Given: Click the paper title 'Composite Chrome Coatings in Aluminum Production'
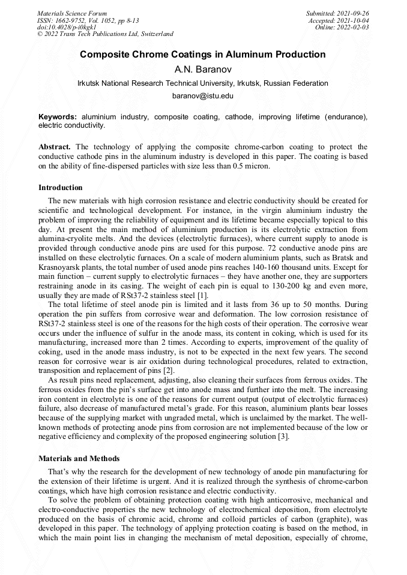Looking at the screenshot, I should tap(203, 55).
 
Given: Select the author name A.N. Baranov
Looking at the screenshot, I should tap(203, 69).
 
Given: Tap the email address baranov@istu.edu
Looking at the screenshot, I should tap(203, 96).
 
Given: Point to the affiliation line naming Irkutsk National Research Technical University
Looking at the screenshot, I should tap(203, 83).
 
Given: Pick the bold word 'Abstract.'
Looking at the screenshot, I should tap(55, 147).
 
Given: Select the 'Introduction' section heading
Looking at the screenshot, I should tap(61, 188).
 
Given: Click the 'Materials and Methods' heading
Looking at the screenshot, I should tap(79, 459).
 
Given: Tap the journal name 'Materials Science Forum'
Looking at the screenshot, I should tap(72, 13).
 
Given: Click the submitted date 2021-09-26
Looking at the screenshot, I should tap(354, 13).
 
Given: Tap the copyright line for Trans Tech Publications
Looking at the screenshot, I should tap(105, 34).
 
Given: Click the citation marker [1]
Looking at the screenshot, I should tap(203, 296).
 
